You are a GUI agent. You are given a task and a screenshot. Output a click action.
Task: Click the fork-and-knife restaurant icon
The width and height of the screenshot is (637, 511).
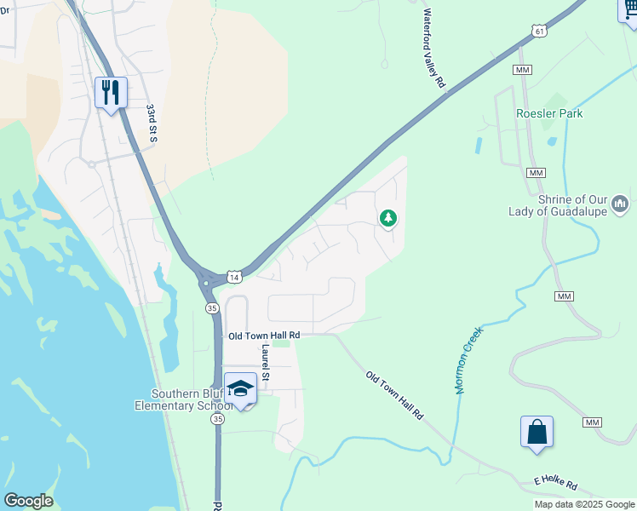click(x=111, y=92)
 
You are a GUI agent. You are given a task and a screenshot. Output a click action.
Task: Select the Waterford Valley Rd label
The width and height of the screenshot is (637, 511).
click(x=434, y=49)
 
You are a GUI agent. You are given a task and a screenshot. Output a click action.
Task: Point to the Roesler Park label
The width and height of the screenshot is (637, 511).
click(x=549, y=113)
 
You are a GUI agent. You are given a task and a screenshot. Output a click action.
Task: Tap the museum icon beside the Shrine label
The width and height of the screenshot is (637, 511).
click(x=620, y=204)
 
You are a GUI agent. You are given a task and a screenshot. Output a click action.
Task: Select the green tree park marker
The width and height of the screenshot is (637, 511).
click(x=388, y=219)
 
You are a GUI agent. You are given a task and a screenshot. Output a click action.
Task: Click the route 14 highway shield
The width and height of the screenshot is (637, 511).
click(x=234, y=277)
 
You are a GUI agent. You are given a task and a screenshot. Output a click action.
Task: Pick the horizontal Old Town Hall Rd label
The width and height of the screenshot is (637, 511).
click(x=264, y=336)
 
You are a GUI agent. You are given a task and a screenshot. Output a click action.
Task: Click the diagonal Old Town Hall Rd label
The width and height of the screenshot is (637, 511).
click(x=394, y=395)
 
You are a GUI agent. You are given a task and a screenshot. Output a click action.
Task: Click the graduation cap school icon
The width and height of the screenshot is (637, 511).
click(x=241, y=389)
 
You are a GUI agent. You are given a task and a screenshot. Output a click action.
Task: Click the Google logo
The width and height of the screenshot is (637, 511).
click(x=28, y=501)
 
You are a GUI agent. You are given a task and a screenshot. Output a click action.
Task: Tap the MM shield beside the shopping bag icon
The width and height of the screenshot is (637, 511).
click(x=592, y=422)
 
